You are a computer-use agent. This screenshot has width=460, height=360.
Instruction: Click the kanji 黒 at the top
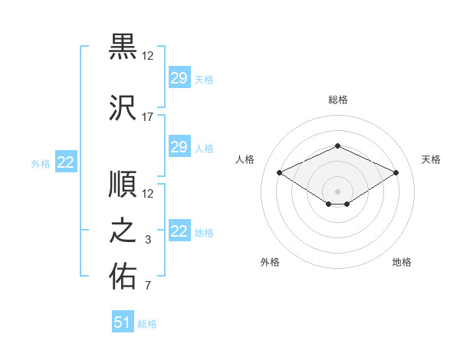coord(123,47)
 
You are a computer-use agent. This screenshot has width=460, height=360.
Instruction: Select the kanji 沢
coord(123,107)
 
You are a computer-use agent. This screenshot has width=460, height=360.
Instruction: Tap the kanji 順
coord(123,184)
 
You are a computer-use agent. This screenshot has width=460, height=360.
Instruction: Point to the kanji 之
coord(123,230)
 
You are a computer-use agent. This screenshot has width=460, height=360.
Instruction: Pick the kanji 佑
coord(123,276)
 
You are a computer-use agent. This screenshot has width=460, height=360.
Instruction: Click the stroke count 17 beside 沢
coord(147,117)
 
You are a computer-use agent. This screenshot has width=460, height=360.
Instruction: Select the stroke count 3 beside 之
coord(148,240)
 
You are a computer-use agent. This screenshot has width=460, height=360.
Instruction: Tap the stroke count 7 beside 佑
coord(148,285)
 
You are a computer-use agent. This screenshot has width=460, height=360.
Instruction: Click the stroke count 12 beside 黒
coord(147,56)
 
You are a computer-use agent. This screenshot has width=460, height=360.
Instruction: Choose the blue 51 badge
coord(123,321)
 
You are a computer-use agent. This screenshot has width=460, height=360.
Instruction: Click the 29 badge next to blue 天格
coord(179,77)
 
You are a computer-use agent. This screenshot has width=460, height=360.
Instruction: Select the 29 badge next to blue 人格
coord(179,146)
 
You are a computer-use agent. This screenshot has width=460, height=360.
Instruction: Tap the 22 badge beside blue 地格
coord(179,230)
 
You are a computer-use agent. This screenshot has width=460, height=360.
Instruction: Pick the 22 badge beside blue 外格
coord(66,162)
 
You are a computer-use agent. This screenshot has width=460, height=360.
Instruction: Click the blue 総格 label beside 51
coord(147,324)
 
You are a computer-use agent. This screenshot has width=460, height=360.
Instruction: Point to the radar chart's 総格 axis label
coord(338,100)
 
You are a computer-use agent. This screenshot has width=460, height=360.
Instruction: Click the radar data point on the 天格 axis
coord(396,172)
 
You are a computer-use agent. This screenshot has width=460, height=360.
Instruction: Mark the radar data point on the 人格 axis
coord(279,172)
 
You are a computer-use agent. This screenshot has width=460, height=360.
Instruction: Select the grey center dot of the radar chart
coord(337,191)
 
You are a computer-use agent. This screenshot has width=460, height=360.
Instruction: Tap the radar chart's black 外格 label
coord(270,262)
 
